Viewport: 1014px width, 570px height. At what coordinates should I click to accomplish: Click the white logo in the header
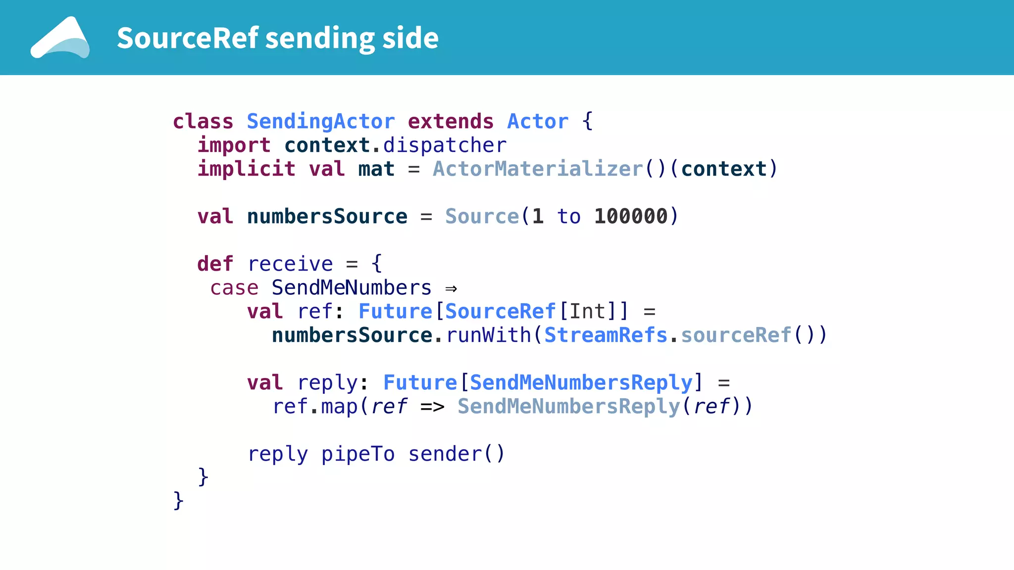pyautogui.click(x=60, y=38)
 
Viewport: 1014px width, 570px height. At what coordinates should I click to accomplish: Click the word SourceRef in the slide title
pyautogui.click(x=188, y=38)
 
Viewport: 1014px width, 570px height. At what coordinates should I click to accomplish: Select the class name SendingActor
pyautogui.click(x=321, y=122)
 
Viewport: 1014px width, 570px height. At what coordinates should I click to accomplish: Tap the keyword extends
pyautogui.click(x=451, y=122)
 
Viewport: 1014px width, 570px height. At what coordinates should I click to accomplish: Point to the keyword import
pyautogui.click(x=234, y=145)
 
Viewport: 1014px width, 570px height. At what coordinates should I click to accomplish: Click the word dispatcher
pyautogui.click(x=445, y=145)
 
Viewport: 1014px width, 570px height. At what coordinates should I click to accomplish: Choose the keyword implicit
pyautogui.click(x=247, y=169)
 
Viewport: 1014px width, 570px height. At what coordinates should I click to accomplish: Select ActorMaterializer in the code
pyautogui.click(x=538, y=169)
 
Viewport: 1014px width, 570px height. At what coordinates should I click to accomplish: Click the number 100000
pyautogui.click(x=631, y=217)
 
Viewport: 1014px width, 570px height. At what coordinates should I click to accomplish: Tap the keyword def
pyautogui.click(x=215, y=264)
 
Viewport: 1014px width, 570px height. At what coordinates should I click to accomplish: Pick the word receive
pyautogui.click(x=290, y=264)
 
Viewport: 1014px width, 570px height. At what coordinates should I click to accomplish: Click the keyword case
pyautogui.click(x=234, y=288)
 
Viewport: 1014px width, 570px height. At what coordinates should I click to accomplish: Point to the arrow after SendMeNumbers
pyautogui.click(x=451, y=288)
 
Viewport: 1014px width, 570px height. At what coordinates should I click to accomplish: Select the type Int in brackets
pyautogui.click(x=587, y=312)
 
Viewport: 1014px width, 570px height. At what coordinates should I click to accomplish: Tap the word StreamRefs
pyautogui.click(x=606, y=335)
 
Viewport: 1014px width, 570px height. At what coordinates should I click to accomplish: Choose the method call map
pyautogui.click(x=339, y=407)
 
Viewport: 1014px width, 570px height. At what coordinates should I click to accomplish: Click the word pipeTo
pyautogui.click(x=358, y=454)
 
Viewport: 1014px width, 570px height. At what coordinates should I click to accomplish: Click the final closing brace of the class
pyautogui.click(x=178, y=501)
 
